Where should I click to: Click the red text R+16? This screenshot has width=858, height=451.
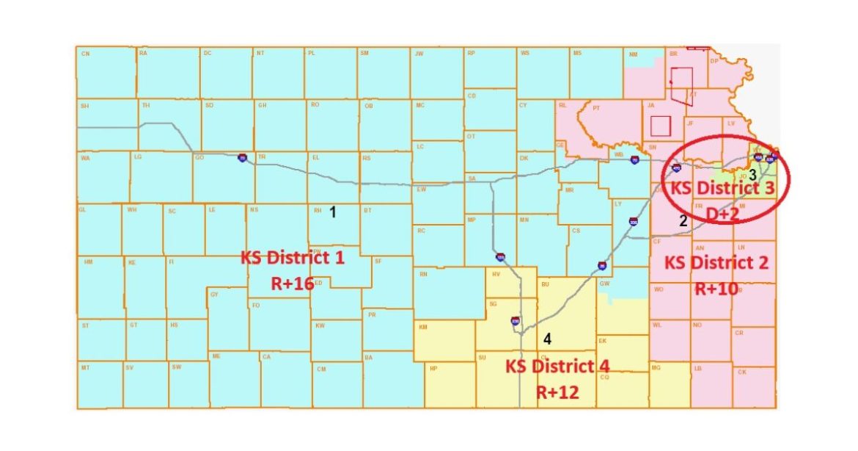[x=292, y=284]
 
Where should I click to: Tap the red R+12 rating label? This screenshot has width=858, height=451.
[x=557, y=392]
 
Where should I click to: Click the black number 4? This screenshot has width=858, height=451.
[x=546, y=339]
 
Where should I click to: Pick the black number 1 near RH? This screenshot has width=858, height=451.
[x=332, y=212]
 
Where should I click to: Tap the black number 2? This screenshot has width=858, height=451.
[x=683, y=220]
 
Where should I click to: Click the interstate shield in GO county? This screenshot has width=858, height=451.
[x=242, y=158]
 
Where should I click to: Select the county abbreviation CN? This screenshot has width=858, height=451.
[x=85, y=54]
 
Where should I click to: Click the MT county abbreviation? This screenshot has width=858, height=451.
[x=85, y=367]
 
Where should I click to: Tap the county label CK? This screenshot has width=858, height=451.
[x=741, y=372]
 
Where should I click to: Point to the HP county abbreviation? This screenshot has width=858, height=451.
[x=433, y=368]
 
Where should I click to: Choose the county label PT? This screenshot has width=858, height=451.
[x=596, y=108]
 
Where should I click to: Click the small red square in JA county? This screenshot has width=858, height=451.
[x=660, y=126]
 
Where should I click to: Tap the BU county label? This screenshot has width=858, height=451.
[x=545, y=283]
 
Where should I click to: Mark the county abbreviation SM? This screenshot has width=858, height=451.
[x=364, y=54]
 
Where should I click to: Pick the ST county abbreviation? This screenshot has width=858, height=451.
[x=85, y=325]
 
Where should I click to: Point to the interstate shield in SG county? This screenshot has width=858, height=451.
[x=516, y=320]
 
